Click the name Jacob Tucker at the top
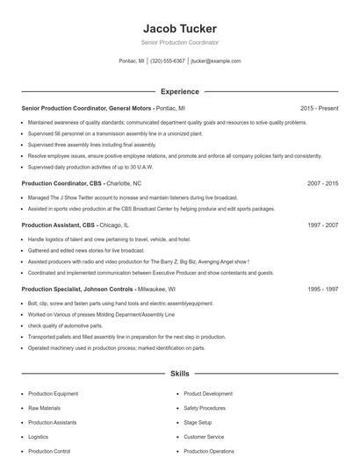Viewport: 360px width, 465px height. [180, 29]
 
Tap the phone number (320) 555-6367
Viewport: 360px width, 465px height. [168, 61]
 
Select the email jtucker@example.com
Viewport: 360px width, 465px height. [215, 61]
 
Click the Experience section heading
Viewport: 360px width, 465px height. [180, 91]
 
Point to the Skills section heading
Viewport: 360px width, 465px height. [180, 374]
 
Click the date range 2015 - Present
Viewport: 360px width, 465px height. [320, 108]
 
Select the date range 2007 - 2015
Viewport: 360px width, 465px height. [322, 184]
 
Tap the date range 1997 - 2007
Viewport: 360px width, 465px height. [322, 225]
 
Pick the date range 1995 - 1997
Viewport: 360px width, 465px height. [322, 289]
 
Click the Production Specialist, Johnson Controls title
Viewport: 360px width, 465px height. [77, 289]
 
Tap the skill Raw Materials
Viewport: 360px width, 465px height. [46, 408]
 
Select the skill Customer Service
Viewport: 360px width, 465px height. [205, 436]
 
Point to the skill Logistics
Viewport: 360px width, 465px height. [39, 436]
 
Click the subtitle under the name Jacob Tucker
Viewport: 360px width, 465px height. [180, 42]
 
